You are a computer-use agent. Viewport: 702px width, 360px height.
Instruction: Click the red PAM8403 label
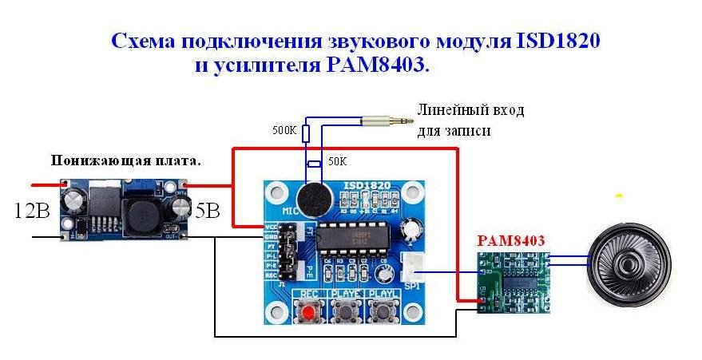(x=511, y=239)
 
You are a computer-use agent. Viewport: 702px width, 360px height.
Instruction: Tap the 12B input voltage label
(x=33, y=212)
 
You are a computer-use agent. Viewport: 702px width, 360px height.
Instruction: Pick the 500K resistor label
(x=284, y=130)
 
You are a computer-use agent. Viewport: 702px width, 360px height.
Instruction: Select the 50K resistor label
(x=338, y=161)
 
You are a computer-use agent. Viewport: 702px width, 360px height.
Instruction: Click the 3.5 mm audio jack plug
(x=387, y=122)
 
